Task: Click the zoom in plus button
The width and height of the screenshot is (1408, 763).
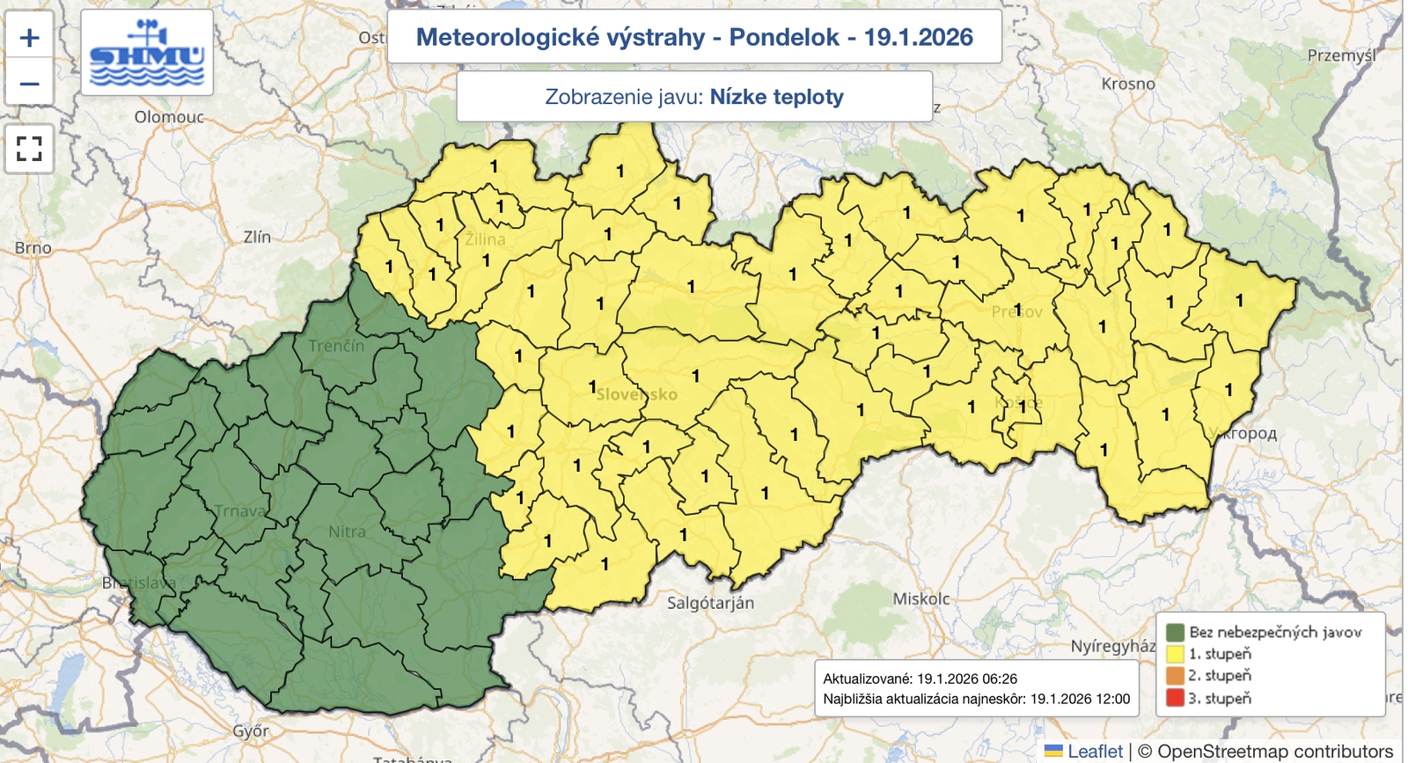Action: pyautogui.click(x=29, y=38)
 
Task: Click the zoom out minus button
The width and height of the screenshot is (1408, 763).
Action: pyautogui.click(x=29, y=84)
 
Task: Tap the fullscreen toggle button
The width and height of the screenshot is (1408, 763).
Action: pyautogui.click(x=29, y=149)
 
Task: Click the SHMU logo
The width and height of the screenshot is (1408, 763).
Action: pyautogui.click(x=147, y=53)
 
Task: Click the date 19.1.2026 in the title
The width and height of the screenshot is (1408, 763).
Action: pyautogui.click(x=918, y=37)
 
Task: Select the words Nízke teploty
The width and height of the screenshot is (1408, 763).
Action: pyautogui.click(x=776, y=97)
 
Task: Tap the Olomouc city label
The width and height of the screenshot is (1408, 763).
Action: pyautogui.click(x=169, y=117)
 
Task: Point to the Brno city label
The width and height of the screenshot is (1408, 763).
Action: pyautogui.click(x=33, y=248)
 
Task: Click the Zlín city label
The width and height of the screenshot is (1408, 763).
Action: pyautogui.click(x=257, y=237)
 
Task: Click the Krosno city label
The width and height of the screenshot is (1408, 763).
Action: pyautogui.click(x=1127, y=84)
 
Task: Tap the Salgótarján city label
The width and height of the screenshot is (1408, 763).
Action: pyautogui.click(x=710, y=603)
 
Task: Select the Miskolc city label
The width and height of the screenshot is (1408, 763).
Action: pyautogui.click(x=920, y=598)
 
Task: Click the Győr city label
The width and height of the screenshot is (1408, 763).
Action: pyautogui.click(x=251, y=730)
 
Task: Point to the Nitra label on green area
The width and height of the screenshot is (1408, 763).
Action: pyautogui.click(x=347, y=532)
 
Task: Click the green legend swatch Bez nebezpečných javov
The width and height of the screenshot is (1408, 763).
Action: pyautogui.click(x=1175, y=632)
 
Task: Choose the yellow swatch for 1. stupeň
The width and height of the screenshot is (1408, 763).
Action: pyautogui.click(x=1175, y=654)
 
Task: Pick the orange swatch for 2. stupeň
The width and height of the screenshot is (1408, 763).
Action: pyautogui.click(x=1175, y=676)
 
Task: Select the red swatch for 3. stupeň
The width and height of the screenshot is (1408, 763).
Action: pyautogui.click(x=1175, y=698)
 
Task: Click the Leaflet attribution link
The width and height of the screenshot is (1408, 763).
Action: pyautogui.click(x=1095, y=752)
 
